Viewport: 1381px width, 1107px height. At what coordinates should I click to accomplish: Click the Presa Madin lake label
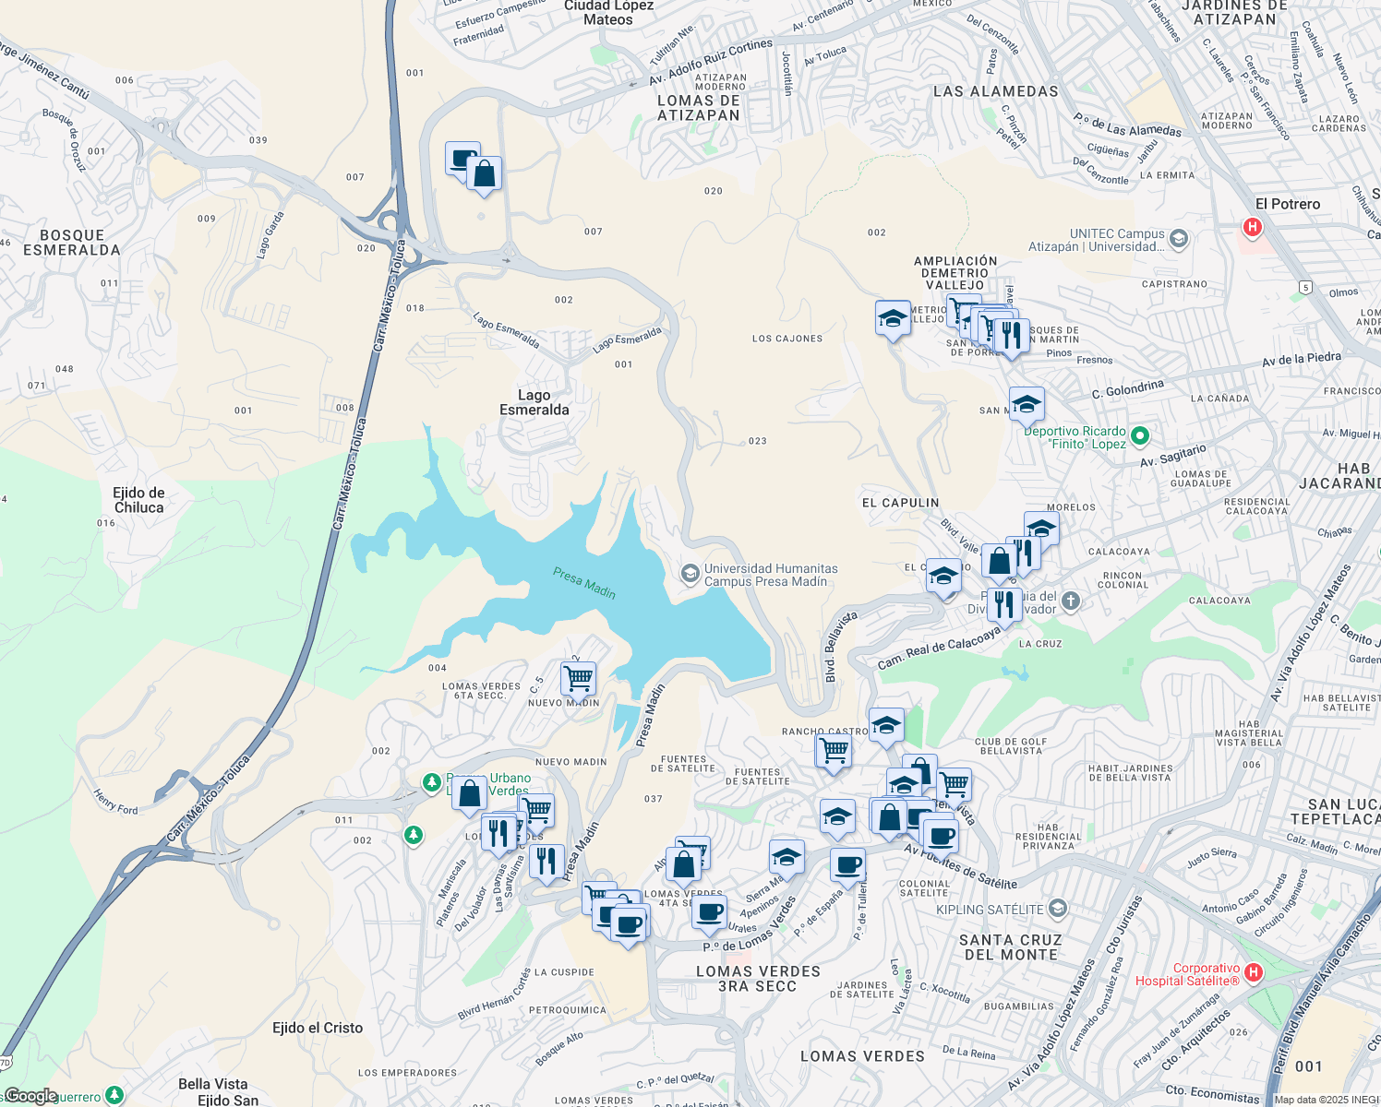coord(584,582)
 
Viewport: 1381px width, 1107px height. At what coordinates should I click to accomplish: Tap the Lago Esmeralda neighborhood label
coord(534,402)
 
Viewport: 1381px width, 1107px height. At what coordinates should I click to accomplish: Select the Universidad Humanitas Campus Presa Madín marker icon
coord(689,575)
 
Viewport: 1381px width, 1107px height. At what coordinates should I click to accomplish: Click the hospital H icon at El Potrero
coord(1252,226)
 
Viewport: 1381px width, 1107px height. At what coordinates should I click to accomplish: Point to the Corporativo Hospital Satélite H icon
coord(1253,972)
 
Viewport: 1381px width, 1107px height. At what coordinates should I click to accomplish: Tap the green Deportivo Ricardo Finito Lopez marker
coord(1140,436)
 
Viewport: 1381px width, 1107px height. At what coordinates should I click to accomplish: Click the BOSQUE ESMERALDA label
coord(72,243)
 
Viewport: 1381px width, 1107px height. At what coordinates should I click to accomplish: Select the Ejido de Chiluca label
coord(138,500)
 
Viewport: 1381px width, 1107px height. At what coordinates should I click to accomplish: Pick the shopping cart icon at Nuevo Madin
coord(579,679)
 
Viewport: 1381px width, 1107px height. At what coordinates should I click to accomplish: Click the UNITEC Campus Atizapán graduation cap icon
coord(1178,240)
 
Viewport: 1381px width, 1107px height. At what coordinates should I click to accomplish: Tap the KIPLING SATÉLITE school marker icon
coord(1058,909)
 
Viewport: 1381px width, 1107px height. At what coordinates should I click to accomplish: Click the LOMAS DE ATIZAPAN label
coord(699,108)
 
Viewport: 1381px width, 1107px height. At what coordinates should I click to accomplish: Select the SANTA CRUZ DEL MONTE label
coord(1011,947)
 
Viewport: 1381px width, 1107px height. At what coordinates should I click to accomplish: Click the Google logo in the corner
coord(30,1096)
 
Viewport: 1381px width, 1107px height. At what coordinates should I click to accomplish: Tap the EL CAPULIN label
coord(900,503)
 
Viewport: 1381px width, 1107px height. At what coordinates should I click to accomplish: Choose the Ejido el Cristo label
coord(318,1028)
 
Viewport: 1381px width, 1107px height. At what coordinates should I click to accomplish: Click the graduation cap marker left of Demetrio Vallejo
coord(893,318)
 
